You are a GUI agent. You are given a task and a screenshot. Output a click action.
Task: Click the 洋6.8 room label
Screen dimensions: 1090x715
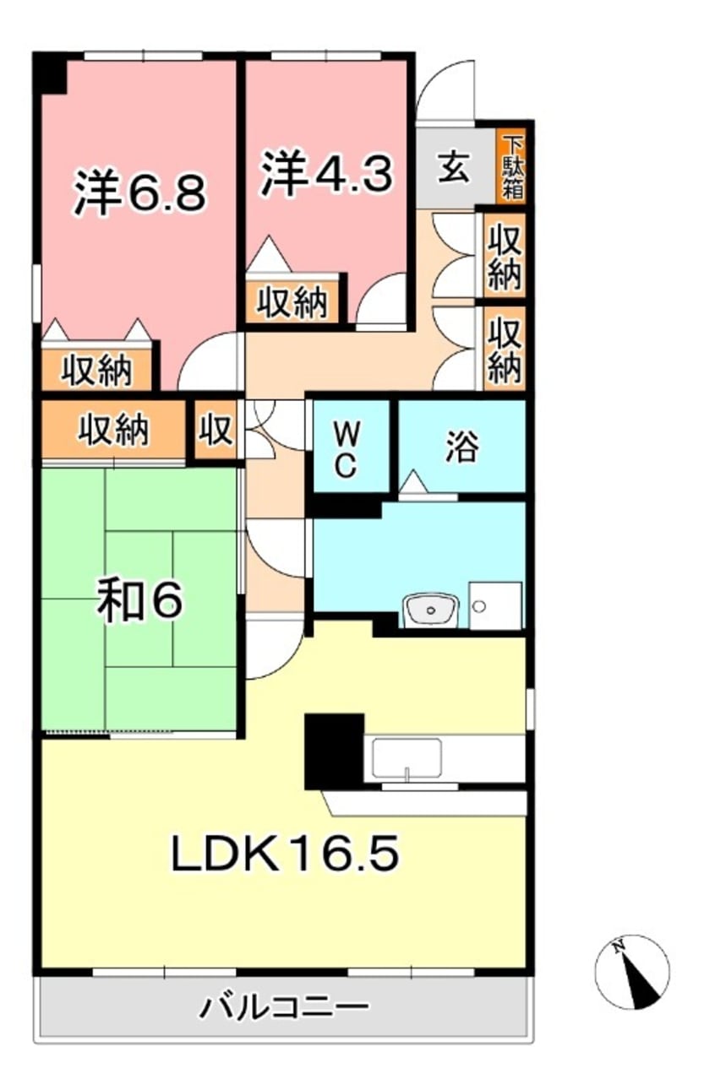pos(139,193)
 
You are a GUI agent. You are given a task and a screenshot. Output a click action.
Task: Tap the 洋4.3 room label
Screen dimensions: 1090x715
pos(325,175)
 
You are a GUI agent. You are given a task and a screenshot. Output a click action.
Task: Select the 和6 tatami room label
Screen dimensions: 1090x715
pos(139,600)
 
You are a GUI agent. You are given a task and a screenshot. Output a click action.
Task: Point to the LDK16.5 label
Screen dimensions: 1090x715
pos(285,855)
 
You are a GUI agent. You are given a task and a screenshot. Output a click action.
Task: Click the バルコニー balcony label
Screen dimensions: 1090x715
pos(284,1006)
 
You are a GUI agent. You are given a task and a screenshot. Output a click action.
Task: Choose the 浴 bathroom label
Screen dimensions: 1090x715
pos(461,446)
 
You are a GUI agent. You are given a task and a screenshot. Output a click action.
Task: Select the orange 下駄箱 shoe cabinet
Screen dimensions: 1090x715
pos(511,166)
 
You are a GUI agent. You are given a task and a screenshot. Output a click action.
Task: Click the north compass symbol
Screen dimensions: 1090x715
pos(632,971)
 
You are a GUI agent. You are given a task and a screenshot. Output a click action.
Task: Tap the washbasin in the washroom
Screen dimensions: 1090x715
pos(430,608)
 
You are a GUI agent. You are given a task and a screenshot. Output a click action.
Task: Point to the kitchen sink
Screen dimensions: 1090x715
pos(407,757)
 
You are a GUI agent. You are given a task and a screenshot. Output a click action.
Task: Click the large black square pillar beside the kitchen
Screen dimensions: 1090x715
pos(334,750)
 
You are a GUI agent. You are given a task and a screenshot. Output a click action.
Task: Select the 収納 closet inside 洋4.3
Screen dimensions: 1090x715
pos(292,301)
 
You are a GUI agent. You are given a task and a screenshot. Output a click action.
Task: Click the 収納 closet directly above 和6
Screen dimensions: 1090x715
pos(113,430)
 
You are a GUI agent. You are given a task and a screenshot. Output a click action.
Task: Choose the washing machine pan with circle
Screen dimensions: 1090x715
pos(494,605)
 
